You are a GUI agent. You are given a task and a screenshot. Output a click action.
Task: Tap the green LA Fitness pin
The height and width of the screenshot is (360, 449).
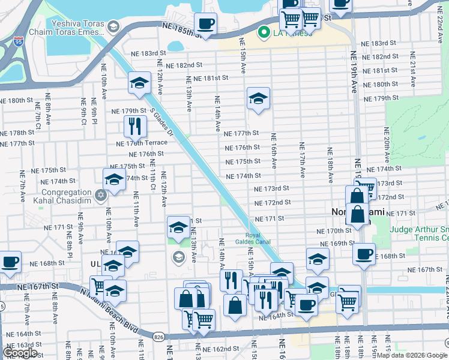(263, 32)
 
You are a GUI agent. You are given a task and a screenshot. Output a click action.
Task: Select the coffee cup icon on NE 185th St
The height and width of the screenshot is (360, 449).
(205, 25)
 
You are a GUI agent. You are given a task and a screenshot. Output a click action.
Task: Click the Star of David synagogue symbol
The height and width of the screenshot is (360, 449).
(101, 194)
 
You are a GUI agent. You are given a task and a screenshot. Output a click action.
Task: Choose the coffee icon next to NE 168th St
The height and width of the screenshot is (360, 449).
(364, 254)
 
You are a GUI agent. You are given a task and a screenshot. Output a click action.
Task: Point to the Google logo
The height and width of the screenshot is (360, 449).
(20, 353)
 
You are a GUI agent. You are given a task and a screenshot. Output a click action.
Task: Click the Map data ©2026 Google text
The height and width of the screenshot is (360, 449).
(409, 355)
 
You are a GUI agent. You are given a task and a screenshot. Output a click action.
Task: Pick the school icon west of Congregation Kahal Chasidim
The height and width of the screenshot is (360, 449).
(114, 179)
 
